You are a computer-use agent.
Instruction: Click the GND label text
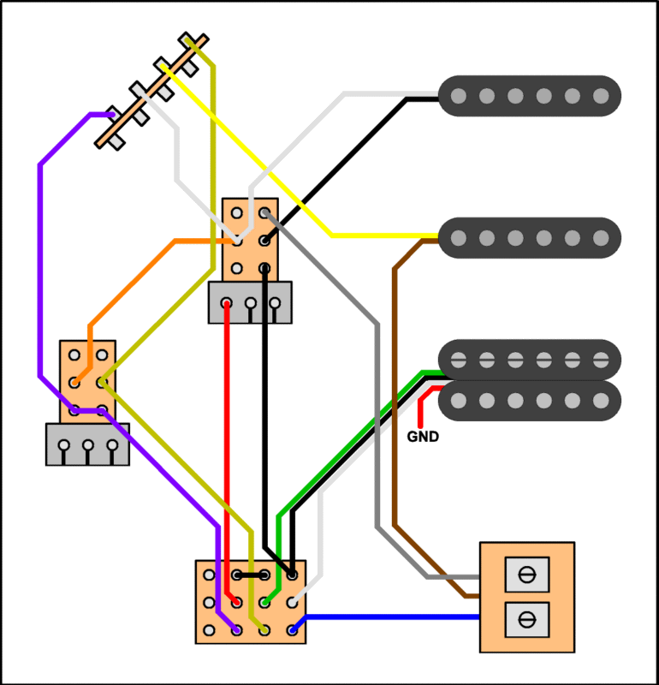coord(423,437)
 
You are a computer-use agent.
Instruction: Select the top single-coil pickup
coord(529,95)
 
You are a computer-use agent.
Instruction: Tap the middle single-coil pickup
coord(529,237)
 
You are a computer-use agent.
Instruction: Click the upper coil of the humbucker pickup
coord(529,359)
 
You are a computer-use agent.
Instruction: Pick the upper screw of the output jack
coord(527,574)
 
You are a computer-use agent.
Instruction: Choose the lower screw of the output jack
coord(527,617)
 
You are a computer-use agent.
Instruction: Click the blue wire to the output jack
coord(385,616)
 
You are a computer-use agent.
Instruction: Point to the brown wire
coord(395,385)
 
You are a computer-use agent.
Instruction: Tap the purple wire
coord(39,257)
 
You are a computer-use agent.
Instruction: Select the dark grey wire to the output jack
coord(377,428)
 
